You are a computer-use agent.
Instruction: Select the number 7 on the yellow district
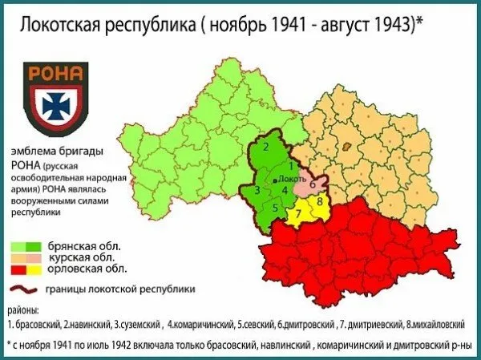click(x=298, y=212)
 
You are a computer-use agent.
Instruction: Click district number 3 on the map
click(x=257, y=191)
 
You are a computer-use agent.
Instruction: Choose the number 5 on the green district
click(x=274, y=208)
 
